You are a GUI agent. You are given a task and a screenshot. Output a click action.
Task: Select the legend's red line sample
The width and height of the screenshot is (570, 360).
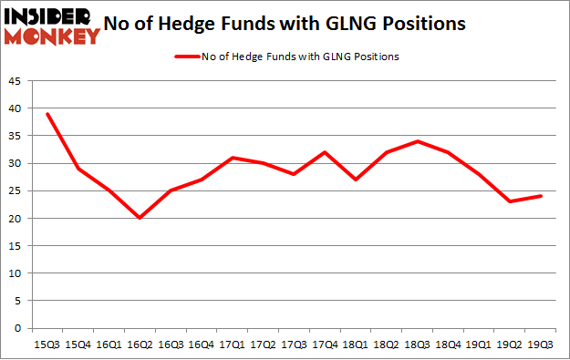click(x=188, y=57)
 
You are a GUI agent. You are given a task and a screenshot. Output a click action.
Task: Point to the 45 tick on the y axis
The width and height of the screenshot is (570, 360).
click(x=16, y=81)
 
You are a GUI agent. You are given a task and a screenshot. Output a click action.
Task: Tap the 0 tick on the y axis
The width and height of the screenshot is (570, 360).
click(x=18, y=328)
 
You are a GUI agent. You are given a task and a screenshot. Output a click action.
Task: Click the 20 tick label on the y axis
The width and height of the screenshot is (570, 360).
click(x=16, y=219)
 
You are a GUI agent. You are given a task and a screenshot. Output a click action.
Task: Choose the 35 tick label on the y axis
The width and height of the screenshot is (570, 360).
click(x=16, y=136)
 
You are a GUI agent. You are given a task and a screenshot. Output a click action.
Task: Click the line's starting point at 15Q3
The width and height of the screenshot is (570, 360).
click(x=47, y=114)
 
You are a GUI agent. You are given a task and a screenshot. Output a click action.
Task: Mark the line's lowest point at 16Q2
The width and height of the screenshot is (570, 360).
click(x=140, y=219)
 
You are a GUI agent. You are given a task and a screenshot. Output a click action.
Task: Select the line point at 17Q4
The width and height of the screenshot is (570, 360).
click(x=325, y=152)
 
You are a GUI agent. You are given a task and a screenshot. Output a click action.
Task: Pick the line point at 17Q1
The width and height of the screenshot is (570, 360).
click(x=232, y=158)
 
